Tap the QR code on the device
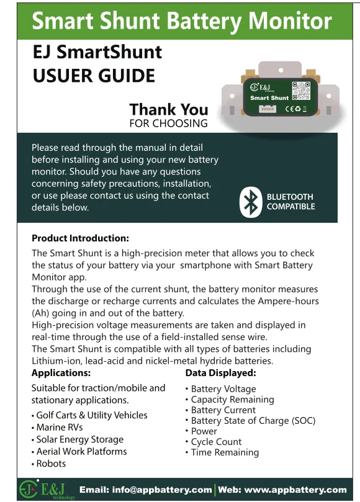[300, 90]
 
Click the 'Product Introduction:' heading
[80, 238]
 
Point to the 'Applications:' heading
[61, 373]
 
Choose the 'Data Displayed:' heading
[220, 373]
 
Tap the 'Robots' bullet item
[50, 464]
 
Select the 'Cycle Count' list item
[216, 442]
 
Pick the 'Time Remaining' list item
[225, 452]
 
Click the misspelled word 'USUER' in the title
[61, 76]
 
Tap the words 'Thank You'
[168, 110]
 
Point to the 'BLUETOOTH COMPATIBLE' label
[290, 202]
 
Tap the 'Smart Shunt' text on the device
[269, 98]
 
